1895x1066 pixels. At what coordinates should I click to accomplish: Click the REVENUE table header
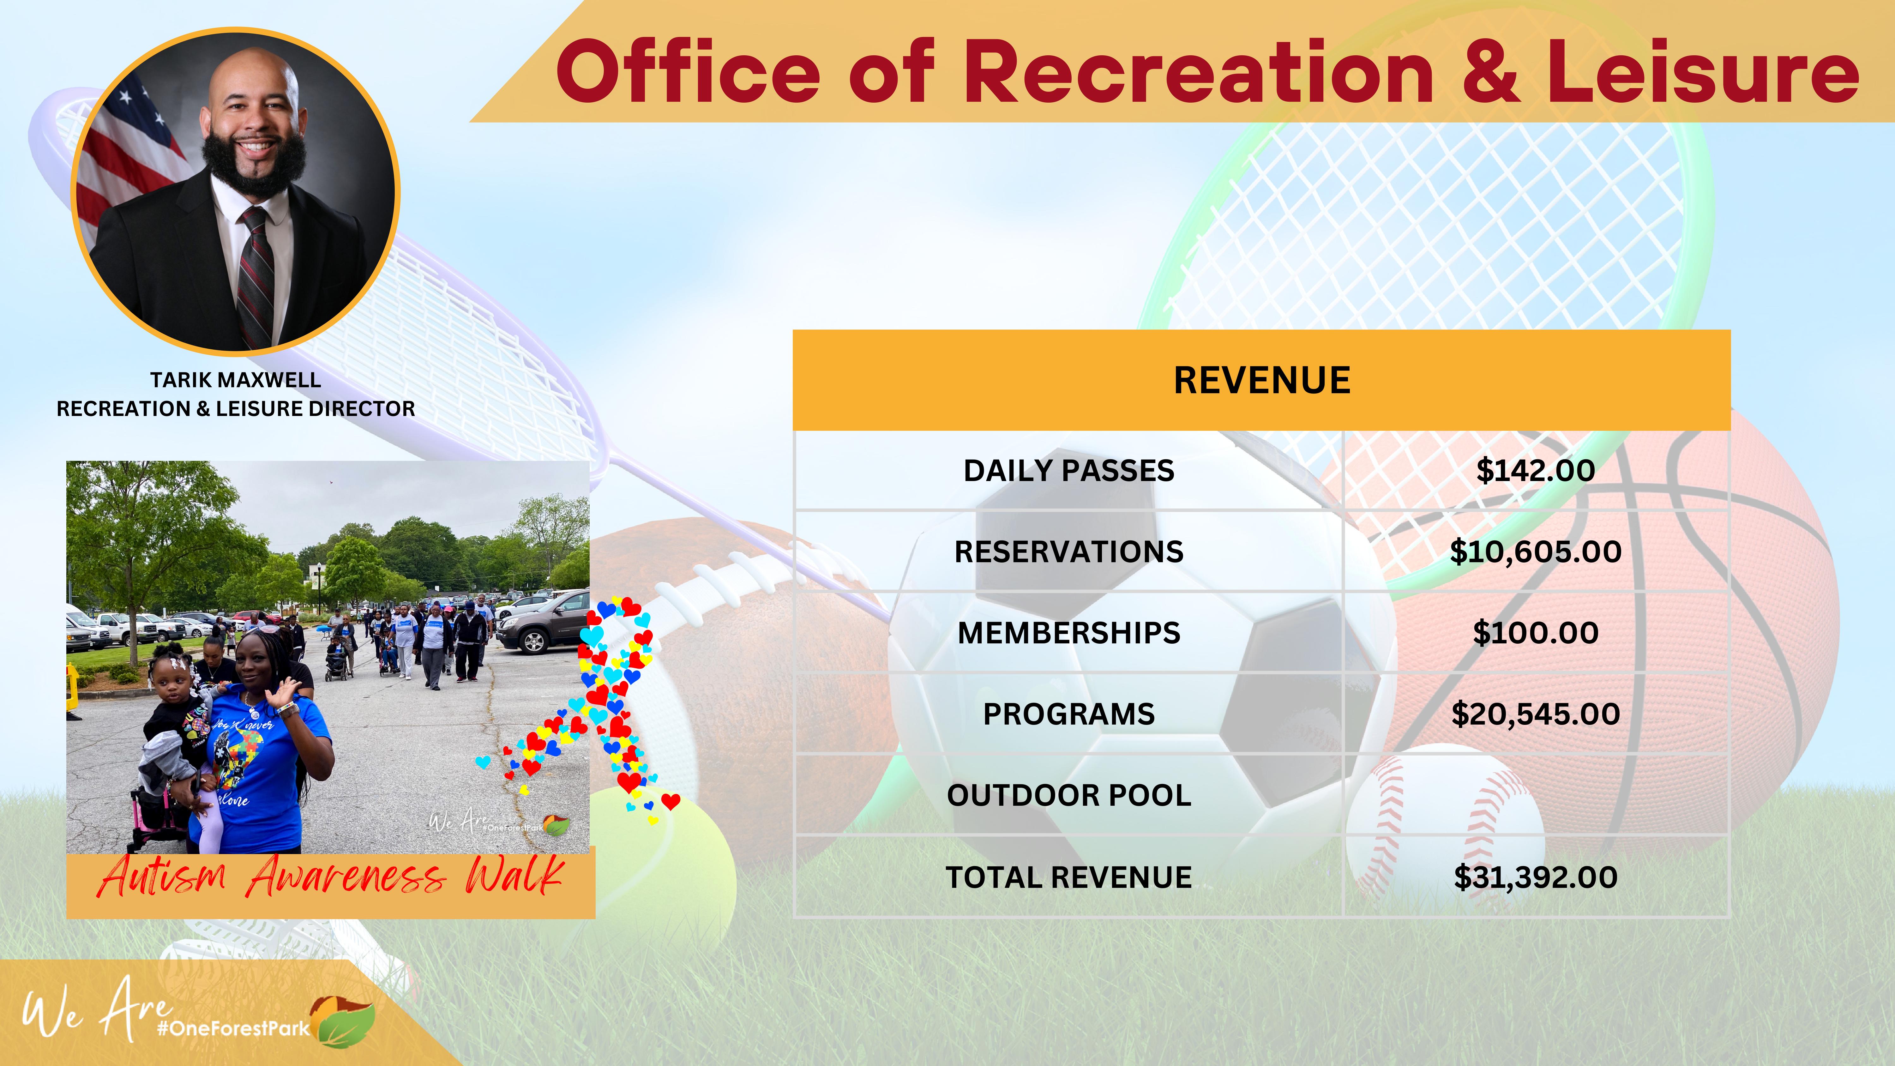1262,380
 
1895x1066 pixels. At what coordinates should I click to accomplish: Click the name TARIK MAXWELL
235,380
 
